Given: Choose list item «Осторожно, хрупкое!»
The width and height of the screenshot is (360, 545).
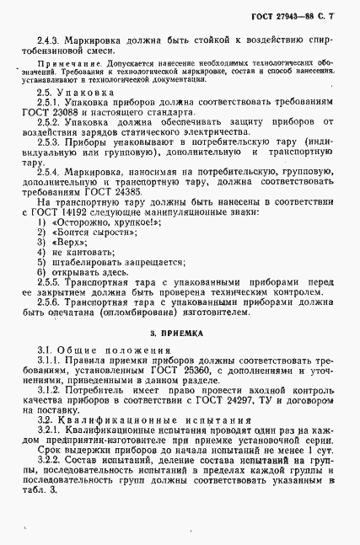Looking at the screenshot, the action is [92, 225].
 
